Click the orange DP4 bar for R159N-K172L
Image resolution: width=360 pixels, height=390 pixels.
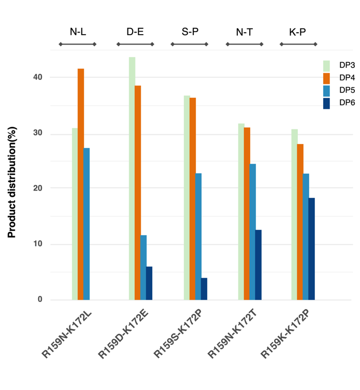(81, 184)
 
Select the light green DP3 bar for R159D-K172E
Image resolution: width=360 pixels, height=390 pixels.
(132, 178)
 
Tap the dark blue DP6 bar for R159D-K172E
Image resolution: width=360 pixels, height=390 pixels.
(149, 283)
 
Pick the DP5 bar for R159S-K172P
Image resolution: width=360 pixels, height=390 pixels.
(198, 236)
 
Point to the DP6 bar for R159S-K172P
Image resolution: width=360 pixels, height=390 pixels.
(204, 288)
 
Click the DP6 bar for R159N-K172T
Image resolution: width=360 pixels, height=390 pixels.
(258, 265)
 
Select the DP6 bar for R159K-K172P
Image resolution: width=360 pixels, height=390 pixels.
(312, 249)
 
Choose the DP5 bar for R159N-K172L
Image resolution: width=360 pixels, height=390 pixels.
(87, 224)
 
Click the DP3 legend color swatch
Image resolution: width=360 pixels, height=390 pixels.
(326, 66)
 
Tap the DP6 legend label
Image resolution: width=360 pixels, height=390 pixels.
(347, 103)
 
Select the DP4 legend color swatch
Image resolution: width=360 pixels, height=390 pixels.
(326, 78)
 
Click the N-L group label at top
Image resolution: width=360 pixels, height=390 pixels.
(78, 32)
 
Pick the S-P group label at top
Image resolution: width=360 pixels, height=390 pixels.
(190, 32)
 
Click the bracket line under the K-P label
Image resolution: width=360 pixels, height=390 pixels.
(298, 45)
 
